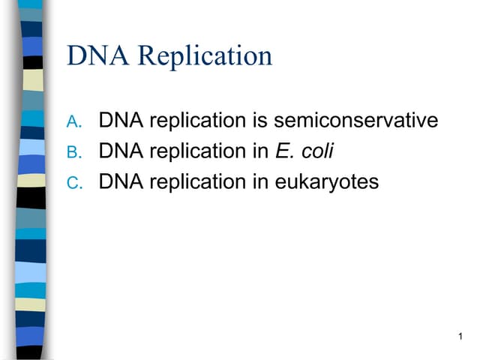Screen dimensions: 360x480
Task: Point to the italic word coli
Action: pos(316,151)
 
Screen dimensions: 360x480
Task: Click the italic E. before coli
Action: pos(283,151)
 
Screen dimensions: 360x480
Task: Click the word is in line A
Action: pos(259,120)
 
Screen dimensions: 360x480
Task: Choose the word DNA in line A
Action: pos(121,120)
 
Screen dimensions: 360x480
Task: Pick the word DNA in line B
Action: pos(121,151)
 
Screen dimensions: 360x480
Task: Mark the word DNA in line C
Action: pos(121,181)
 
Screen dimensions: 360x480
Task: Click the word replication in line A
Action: pos(196,120)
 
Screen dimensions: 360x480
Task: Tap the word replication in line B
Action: pos(196,151)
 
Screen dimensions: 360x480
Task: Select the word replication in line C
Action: pos(196,181)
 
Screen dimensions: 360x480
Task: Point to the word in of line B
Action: pos(259,151)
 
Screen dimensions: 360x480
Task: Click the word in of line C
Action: pos(259,181)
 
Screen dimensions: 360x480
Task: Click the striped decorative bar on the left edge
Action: pos(31,180)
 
